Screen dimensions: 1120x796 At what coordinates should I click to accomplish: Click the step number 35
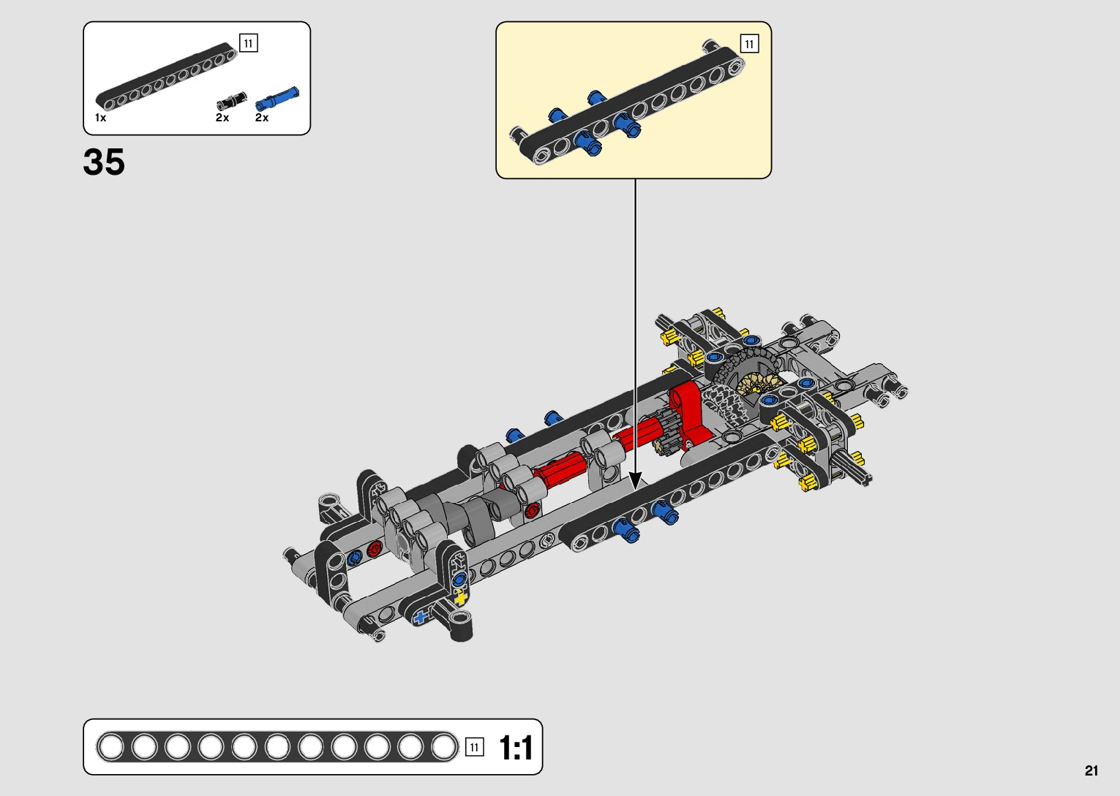(x=104, y=162)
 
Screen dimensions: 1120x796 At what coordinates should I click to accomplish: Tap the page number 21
(x=1091, y=770)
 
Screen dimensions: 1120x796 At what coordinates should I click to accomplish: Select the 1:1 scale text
(x=516, y=748)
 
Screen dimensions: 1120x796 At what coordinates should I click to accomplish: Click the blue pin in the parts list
(x=277, y=99)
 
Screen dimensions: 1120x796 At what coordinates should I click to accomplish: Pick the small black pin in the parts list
(x=231, y=101)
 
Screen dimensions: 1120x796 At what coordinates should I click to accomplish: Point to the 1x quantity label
(x=100, y=118)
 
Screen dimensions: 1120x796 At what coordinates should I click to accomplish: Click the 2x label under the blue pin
(x=261, y=118)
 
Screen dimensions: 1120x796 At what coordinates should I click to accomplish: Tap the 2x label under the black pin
(x=222, y=118)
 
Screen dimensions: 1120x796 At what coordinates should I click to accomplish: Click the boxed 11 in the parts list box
(x=249, y=43)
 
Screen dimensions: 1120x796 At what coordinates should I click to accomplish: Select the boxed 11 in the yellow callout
(x=749, y=44)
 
